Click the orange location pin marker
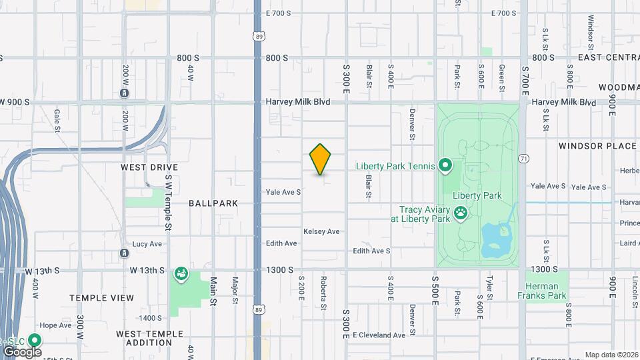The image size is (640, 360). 321,159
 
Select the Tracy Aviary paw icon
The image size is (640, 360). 461,213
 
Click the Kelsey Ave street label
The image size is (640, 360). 321,231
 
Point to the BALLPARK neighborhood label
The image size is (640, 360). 213,203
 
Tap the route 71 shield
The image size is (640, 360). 524,159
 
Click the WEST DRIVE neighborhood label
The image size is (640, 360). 149,167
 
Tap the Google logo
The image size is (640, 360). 21,351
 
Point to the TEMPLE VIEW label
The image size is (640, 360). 101,298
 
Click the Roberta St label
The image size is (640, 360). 323,294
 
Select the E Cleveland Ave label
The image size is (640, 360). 379,335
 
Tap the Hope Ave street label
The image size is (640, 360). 55,325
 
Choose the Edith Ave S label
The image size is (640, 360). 371,251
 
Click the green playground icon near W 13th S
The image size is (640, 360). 181,273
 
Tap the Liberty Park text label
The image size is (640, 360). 477,195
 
